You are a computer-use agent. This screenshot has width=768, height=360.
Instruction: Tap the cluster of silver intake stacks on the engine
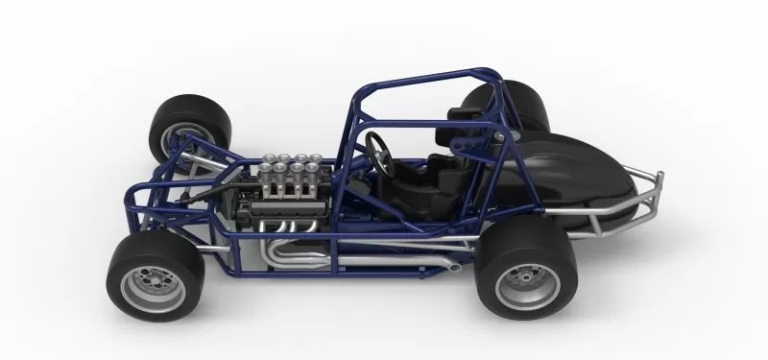click(x=288, y=173)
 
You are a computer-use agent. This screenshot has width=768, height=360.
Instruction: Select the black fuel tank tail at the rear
click(x=576, y=178)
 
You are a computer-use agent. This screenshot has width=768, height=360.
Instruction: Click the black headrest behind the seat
click(x=459, y=113)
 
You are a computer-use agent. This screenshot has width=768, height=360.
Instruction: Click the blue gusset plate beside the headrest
click(x=472, y=145)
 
